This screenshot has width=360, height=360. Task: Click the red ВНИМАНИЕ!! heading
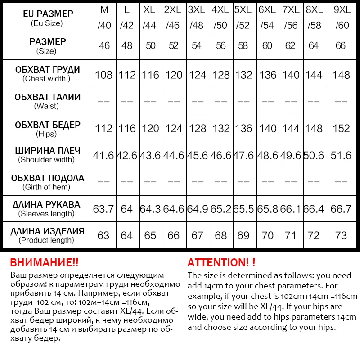(44, 263)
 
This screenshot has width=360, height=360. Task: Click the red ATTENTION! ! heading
(221, 263)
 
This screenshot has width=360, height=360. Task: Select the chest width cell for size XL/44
(150, 75)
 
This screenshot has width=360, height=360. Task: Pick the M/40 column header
(104, 18)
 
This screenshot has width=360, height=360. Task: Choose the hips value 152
(342, 128)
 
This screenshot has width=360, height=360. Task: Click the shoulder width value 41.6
(104, 155)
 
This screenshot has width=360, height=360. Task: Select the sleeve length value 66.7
(342, 209)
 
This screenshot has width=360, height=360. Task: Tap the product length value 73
(342, 236)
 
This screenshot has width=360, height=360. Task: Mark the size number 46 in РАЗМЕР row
(104, 46)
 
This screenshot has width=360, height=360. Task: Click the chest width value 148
(342, 75)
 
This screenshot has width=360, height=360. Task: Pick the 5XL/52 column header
(243, 18)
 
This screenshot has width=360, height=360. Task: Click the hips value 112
(104, 128)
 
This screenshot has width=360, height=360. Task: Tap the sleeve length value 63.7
(104, 209)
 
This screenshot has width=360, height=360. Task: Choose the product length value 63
(104, 236)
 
